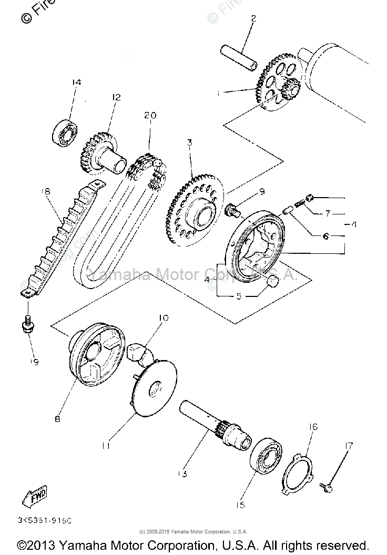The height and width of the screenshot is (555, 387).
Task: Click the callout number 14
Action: (77, 83)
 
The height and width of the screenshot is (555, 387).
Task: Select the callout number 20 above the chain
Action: (151, 116)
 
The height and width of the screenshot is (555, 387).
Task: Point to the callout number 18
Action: (46, 192)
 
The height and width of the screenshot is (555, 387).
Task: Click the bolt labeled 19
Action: (27, 326)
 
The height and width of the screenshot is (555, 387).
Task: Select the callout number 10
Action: (163, 317)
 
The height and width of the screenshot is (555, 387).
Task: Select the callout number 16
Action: (313, 427)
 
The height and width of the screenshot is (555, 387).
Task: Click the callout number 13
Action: (182, 474)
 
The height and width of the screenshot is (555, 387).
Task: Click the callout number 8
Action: (57, 419)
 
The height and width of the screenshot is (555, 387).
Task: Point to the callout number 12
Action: (116, 97)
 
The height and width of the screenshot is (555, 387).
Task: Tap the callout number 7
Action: (328, 214)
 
